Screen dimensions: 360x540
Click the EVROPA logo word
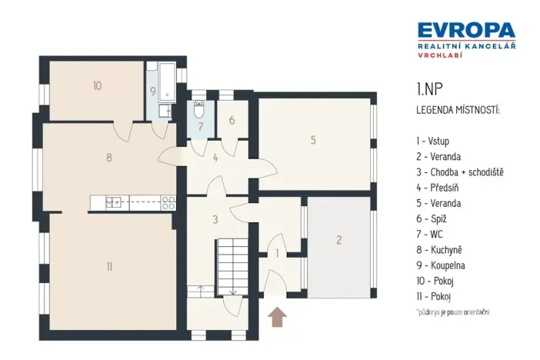point(466,30)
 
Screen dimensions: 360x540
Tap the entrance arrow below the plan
point(278,315)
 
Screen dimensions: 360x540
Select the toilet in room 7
point(199,108)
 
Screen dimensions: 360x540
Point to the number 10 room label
point(97,86)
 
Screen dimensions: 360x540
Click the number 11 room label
point(109,267)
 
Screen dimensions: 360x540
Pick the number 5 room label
point(313,140)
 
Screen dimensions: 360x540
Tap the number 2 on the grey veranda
point(338,240)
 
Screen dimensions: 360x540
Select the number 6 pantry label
point(232,121)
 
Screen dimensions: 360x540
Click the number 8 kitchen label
point(109,158)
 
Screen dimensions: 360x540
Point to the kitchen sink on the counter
point(114,202)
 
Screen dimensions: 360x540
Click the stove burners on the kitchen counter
point(168,203)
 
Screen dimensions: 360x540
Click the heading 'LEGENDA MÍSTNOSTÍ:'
point(458,111)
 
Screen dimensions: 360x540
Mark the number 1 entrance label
point(278,252)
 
